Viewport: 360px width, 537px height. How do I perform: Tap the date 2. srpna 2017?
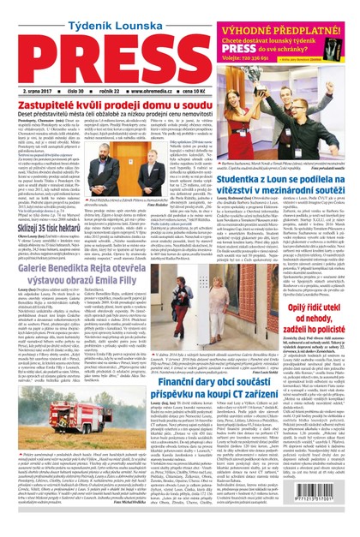(x=39, y=90)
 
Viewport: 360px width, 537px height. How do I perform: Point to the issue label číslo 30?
(x=79, y=90)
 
